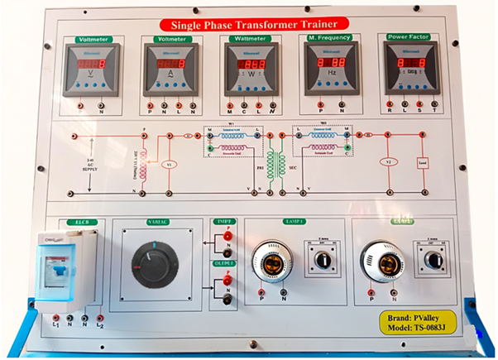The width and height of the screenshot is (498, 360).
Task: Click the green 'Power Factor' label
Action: click(x=404, y=38)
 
